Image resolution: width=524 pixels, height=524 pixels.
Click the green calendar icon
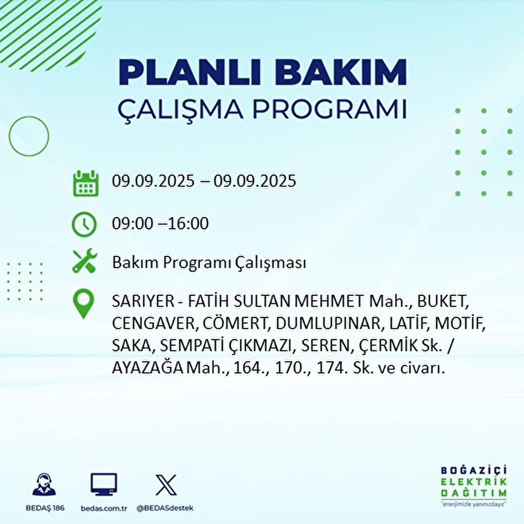pos(86,183)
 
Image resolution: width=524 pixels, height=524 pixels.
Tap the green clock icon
pos(84,224)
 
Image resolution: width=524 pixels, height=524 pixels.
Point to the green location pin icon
pos(84,305)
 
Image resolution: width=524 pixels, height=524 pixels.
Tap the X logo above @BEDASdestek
pos(166,485)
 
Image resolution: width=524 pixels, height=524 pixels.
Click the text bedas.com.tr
pos(104,508)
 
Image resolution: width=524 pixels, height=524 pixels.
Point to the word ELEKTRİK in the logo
pos(474,482)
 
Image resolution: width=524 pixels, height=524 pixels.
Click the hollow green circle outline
pos(29,136)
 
